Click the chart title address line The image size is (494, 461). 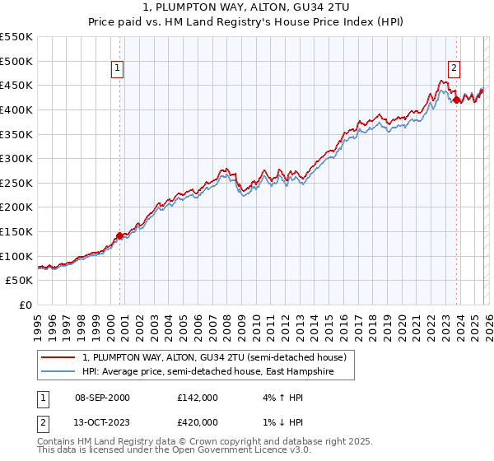coord(247,7)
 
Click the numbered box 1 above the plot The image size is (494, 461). coord(119,68)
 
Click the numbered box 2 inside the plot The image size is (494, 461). coord(454,68)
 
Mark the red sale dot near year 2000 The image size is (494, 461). coord(119,235)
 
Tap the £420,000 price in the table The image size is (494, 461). coord(198,422)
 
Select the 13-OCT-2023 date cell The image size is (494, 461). coord(101,422)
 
